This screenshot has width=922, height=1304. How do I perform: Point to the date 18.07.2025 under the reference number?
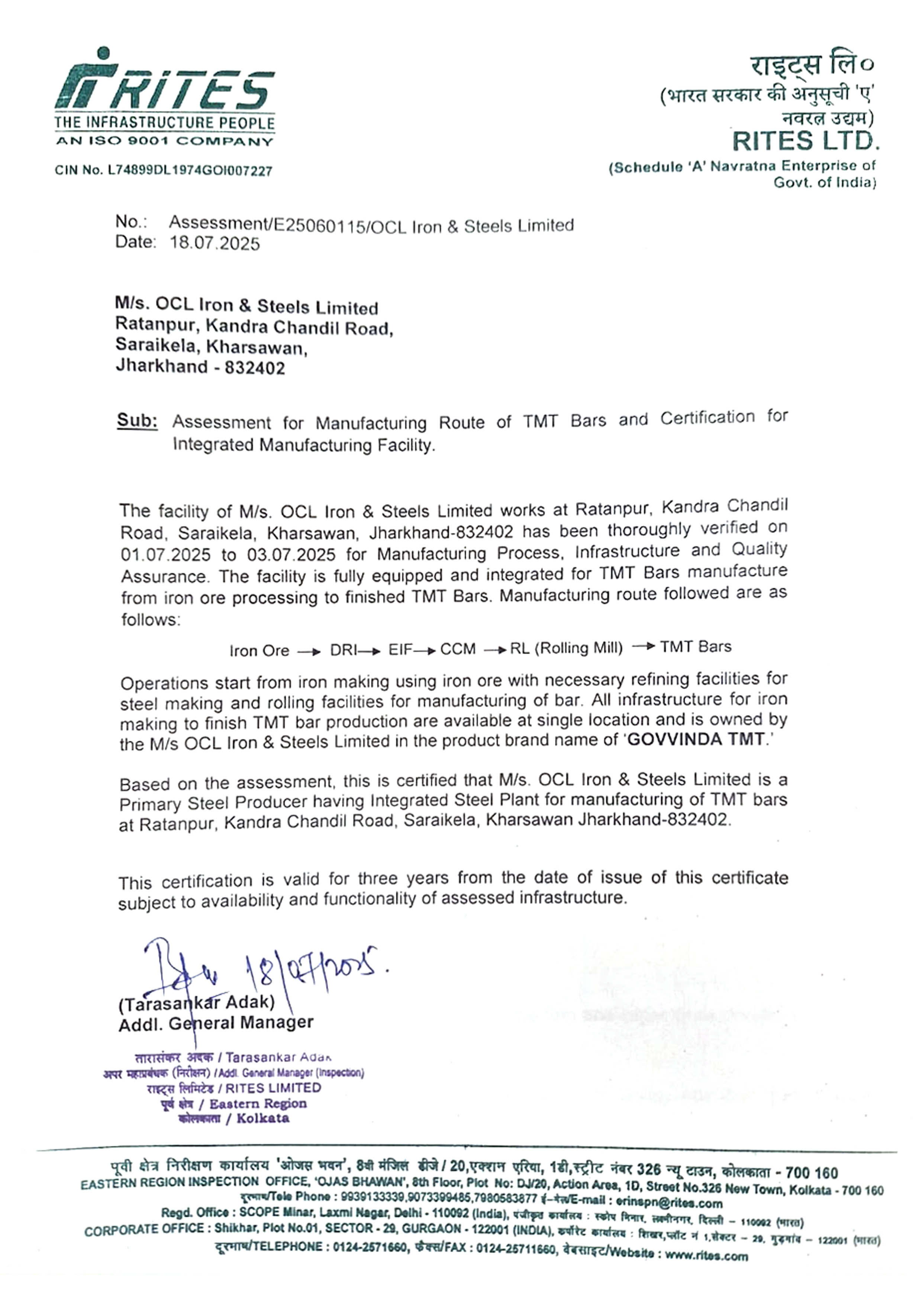click(215, 243)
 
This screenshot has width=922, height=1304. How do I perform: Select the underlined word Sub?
click(137, 420)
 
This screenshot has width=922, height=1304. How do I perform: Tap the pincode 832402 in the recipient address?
click(255, 368)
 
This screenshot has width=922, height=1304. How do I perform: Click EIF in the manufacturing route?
click(400, 649)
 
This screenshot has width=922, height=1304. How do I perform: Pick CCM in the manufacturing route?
click(458, 649)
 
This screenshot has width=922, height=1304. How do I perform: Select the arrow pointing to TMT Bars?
click(644, 646)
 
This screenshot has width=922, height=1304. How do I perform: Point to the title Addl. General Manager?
click(216, 1023)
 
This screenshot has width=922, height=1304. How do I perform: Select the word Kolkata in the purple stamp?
click(263, 1118)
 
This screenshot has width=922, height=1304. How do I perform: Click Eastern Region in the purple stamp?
click(258, 1104)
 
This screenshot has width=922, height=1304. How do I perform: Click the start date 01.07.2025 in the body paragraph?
click(165, 554)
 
